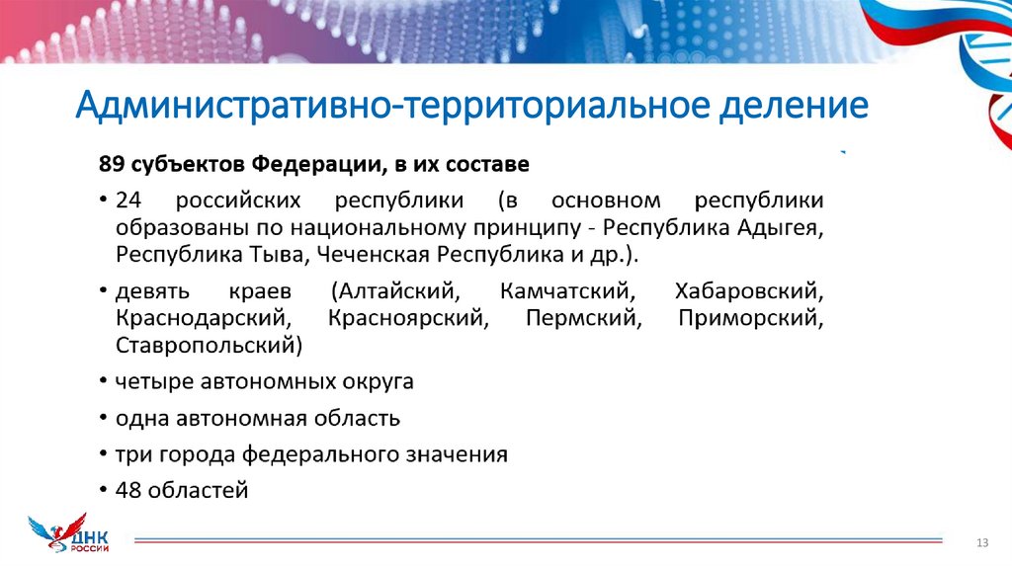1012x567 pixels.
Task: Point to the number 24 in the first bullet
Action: coord(128,201)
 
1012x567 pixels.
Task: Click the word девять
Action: coord(149,293)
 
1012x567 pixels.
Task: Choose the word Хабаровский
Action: coord(748,293)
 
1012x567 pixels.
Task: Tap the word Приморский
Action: coord(751,319)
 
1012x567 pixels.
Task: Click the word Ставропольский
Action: coord(208,346)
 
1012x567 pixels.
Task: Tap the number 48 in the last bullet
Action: coord(128,490)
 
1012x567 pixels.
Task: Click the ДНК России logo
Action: coord(70,534)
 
